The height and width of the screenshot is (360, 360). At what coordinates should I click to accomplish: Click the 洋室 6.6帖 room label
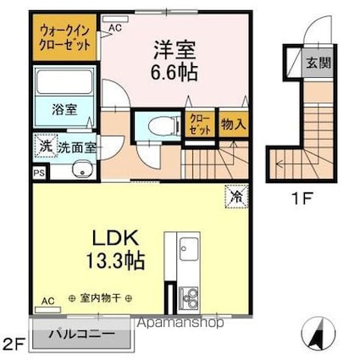tap(174, 61)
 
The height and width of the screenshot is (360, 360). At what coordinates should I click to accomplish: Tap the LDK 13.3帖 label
tap(115, 249)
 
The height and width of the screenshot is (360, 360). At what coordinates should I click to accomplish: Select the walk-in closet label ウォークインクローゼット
tap(65, 37)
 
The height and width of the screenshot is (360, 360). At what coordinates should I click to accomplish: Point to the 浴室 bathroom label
tap(64, 109)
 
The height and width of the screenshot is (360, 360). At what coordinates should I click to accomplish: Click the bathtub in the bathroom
tap(64, 81)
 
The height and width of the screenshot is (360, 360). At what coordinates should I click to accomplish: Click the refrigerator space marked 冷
tap(236, 197)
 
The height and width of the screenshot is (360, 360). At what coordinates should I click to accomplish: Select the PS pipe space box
tap(40, 173)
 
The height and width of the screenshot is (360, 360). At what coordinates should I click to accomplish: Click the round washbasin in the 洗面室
tap(82, 169)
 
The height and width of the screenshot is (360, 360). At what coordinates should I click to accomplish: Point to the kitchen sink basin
tap(189, 249)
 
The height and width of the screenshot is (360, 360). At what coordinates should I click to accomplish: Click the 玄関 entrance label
tap(318, 63)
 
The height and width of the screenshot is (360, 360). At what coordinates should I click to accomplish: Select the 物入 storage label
tap(234, 125)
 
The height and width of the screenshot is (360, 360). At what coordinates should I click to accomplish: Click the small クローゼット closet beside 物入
tap(200, 125)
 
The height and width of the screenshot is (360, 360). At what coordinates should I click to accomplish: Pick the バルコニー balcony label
tap(82, 335)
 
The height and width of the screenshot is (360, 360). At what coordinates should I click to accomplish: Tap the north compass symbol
tap(318, 333)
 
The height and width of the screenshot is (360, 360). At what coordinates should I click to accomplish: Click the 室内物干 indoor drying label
tap(101, 298)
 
